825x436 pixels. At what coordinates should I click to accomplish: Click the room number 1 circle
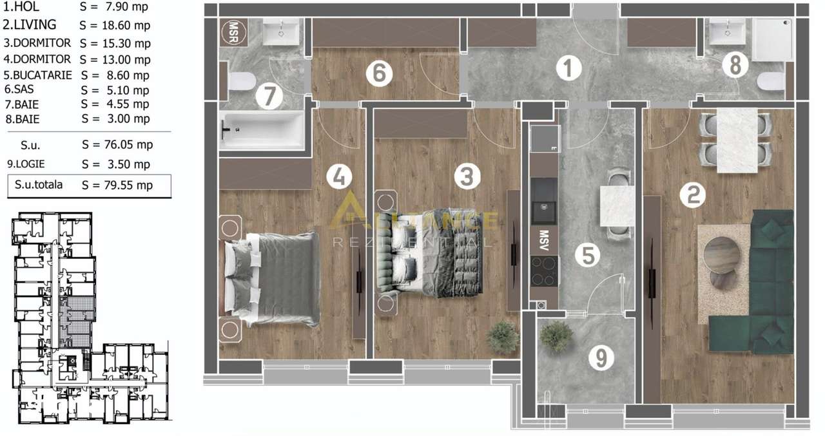567,69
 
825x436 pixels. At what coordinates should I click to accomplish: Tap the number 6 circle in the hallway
379,73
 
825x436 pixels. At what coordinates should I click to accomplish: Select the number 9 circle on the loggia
601,358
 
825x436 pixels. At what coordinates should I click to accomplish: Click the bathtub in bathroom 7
260,131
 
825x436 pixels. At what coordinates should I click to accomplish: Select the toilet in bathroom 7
241,81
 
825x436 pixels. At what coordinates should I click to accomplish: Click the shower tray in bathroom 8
773,39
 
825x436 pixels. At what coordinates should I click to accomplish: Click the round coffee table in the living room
723,254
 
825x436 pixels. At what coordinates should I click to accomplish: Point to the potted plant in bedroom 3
503,337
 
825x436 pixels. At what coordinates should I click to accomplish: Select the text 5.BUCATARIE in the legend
38,75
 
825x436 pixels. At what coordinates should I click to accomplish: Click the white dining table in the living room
736,140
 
